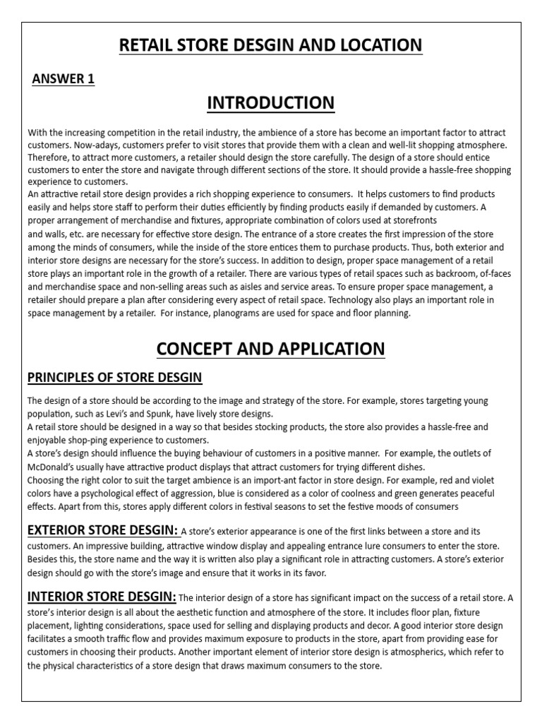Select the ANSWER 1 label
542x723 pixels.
[x=64, y=79]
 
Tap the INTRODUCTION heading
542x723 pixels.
[x=271, y=103]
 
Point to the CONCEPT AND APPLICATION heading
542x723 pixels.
[x=271, y=349]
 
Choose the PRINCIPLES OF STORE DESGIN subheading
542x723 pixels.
[x=115, y=378]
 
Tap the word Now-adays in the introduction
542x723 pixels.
[x=96, y=145]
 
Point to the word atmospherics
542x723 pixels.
[x=409, y=652]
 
